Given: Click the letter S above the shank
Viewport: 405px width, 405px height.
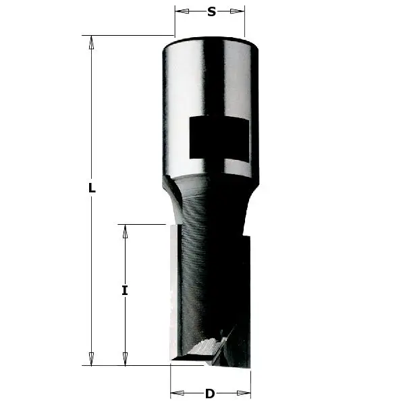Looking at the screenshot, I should (211, 11).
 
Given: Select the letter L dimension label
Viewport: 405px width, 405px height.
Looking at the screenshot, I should (92, 189).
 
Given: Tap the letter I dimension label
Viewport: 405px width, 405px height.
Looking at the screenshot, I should (125, 291).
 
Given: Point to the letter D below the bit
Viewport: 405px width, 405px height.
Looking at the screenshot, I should (210, 394).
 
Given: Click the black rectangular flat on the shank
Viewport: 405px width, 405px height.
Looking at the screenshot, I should (219, 138).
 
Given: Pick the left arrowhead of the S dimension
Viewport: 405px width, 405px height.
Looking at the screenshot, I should (180, 11).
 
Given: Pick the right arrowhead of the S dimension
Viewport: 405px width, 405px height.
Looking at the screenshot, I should (240, 11).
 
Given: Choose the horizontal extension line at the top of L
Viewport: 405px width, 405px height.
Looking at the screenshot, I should (128, 35).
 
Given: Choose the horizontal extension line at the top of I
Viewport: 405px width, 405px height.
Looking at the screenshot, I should (142, 224).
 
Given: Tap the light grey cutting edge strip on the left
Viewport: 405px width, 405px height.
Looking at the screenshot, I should (174, 290).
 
